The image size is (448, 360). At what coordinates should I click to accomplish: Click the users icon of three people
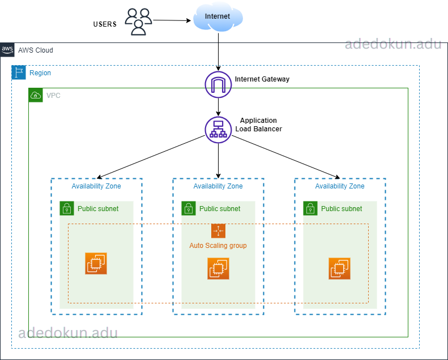139,22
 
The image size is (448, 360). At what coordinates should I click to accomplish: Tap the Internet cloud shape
218,18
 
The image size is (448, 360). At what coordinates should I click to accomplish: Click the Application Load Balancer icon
218,129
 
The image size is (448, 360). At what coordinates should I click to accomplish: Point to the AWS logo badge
7,50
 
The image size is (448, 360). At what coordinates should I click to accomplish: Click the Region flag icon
19,72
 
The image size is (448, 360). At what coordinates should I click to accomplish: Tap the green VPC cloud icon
36,95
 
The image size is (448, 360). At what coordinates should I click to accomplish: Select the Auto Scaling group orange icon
218,231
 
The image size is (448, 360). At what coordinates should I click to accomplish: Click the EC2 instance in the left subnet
96,264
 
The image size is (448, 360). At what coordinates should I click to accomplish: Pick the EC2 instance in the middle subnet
218,268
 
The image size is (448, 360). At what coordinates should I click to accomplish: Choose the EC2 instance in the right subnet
339,268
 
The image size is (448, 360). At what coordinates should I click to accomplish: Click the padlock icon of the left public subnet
67,208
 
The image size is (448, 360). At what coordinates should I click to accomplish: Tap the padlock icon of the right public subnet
310,208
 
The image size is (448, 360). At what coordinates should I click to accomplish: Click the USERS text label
105,24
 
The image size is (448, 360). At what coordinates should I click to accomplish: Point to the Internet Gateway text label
262,79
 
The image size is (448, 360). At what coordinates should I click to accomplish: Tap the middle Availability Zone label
218,186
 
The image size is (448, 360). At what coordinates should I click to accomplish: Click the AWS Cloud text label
36,50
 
